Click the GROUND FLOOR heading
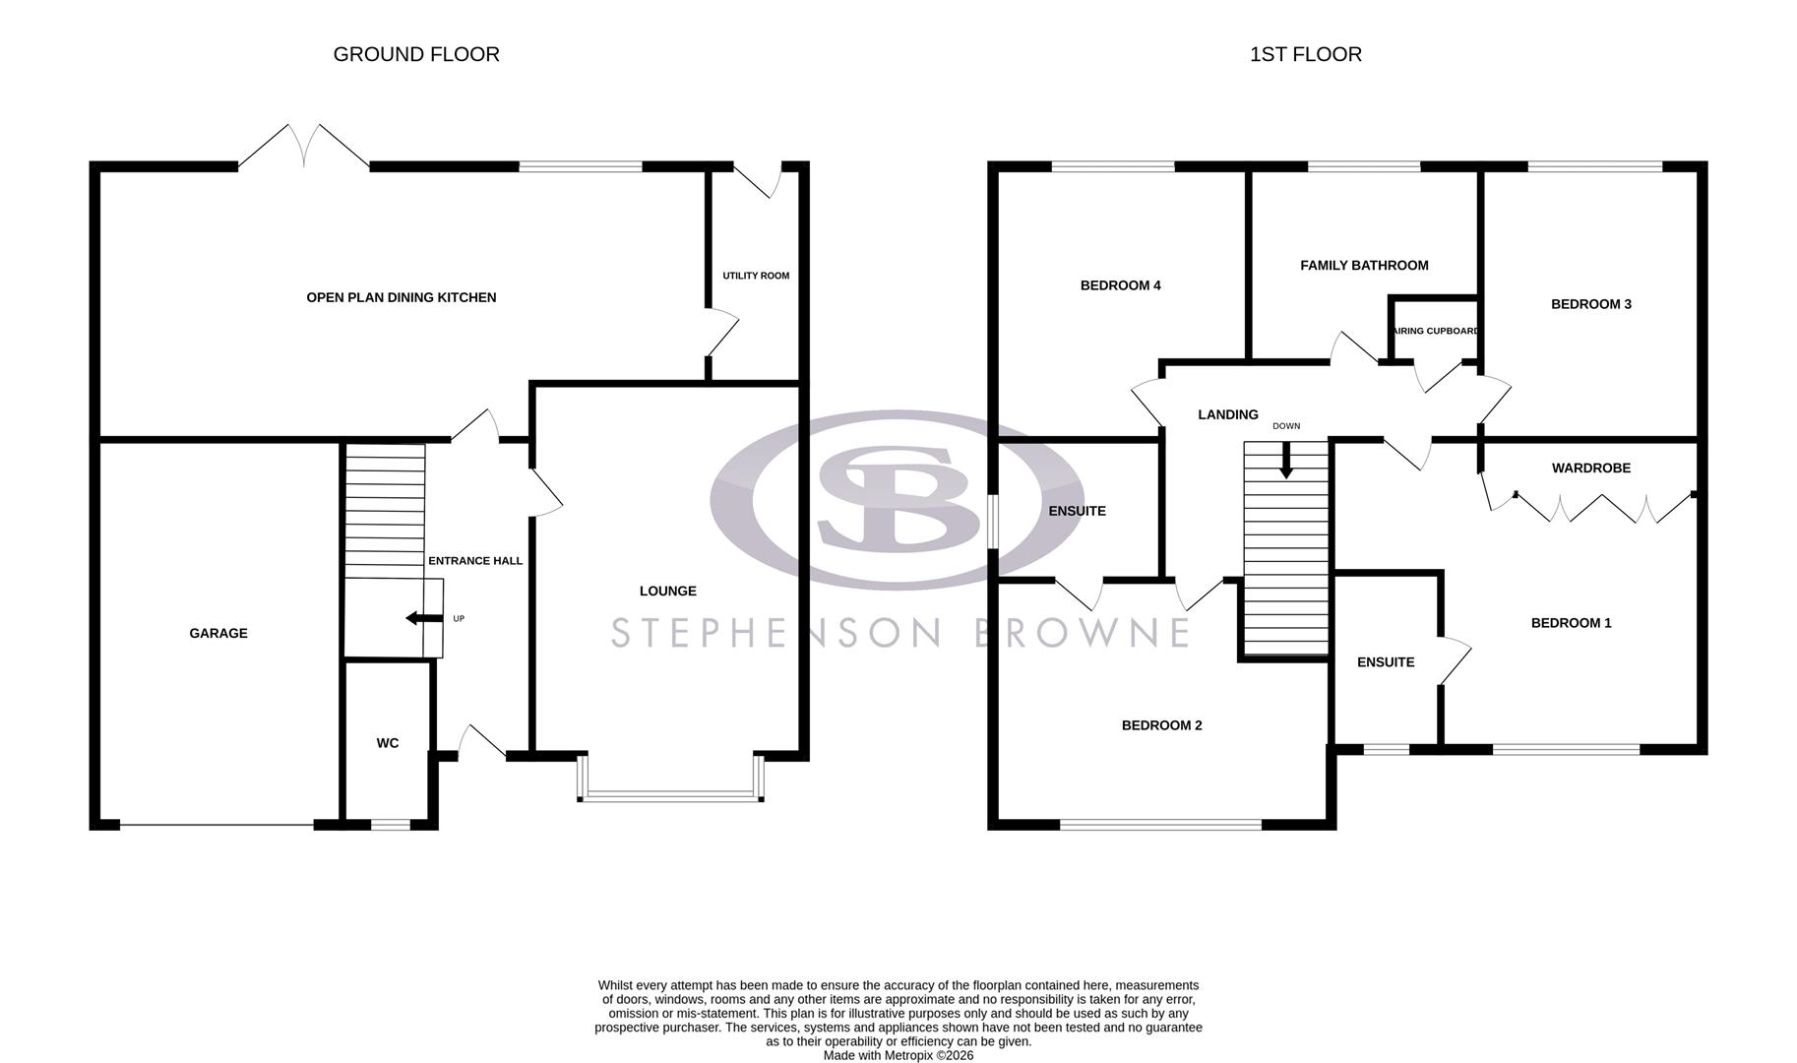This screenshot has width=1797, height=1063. pos(416,54)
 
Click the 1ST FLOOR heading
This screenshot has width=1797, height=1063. pos(1305,54)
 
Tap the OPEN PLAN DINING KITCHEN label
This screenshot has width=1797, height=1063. pos(402,297)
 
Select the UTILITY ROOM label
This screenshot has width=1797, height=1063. pos(756,276)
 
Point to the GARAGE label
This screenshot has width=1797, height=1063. pos(218,633)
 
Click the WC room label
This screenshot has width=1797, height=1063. pos(388,743)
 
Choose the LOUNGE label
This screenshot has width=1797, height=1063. pos(668,591)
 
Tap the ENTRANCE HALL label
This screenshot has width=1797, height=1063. pos(475,561)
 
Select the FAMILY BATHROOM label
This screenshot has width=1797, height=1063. pos(1364,265)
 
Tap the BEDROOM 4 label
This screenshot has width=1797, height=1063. pos(1120,285)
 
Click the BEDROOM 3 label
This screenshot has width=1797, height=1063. pos(1591,304)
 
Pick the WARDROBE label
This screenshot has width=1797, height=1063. pos(1591,468)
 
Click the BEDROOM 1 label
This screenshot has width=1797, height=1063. pos(1572,622)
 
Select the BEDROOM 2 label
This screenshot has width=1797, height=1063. pos(1162,725)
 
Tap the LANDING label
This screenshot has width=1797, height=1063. pos(1228,414)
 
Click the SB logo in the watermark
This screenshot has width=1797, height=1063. pos(897,499)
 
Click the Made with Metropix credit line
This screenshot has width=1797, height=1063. pos(898,1055)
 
